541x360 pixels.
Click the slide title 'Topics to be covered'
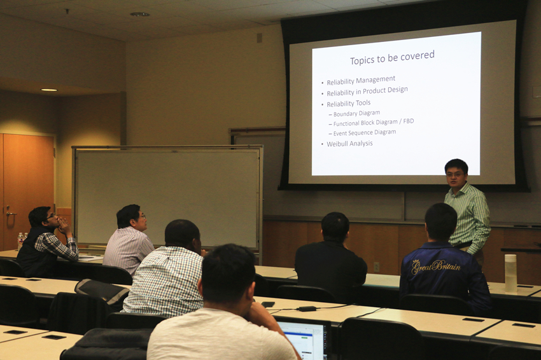[x=392, y=58]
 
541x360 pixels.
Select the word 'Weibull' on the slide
[x=337, y=144]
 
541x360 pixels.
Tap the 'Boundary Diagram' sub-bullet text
[x=357, y=113]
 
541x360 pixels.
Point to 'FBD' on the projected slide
[x=408, y=121]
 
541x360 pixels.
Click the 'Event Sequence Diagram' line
[x=365, y=133]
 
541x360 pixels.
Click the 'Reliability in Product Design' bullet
[x=367, y=92]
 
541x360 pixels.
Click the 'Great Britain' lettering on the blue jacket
[x=436, y=267]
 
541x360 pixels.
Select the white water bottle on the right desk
[x=510, y=273]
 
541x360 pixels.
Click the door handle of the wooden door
[x=10, y=213]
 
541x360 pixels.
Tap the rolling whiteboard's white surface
[x=167, y=198]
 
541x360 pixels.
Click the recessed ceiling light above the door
[x=49, y=90]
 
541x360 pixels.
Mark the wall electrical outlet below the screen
[x=377, y=267]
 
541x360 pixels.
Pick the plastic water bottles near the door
[x=22, y=240]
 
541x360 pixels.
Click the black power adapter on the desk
[x=307, y=308]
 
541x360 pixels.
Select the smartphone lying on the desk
[x=268, y=304]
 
